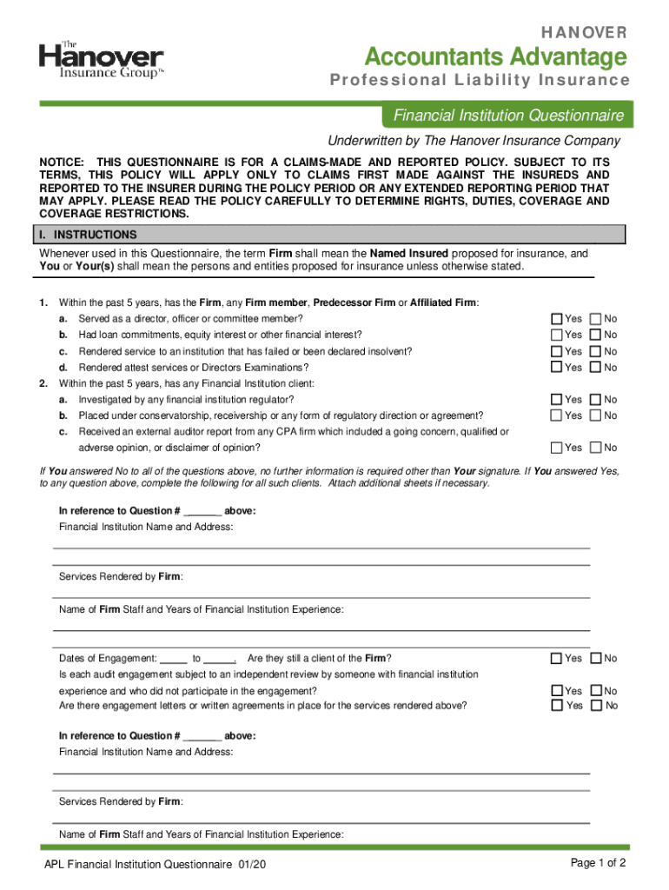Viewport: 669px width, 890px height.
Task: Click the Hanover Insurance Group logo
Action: pos(101,61)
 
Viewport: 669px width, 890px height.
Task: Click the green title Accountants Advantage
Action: pos(495,57)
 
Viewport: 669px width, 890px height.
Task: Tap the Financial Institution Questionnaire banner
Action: pos(508,116)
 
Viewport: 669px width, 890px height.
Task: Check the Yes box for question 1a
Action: pos(556,319)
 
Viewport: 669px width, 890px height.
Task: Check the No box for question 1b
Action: pos(595,335)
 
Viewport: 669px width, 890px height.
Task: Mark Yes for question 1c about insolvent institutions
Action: pos(556,351)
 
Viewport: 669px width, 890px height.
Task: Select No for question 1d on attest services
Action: pos(595,367)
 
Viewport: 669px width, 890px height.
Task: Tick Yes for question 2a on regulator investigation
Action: pos(556,399)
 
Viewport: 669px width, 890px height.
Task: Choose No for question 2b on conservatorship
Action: pos(595,415)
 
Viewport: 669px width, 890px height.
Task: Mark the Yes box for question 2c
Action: pos(556,448)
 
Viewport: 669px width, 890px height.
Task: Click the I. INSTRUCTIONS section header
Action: pos(95,235)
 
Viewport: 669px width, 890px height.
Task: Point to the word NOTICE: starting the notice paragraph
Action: pos(62,163)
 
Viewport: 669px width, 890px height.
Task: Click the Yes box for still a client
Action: pos(556,658)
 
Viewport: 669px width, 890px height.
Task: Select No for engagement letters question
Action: pos(595,706)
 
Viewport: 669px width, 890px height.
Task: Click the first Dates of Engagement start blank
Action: pos(174,659)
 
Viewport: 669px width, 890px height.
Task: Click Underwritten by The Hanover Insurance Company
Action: pos(473,141)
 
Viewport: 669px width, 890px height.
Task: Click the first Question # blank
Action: pos(202,511)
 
